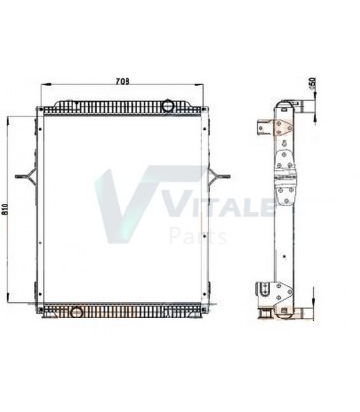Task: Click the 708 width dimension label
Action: [124, 80]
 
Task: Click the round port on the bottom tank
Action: [75, 312]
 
